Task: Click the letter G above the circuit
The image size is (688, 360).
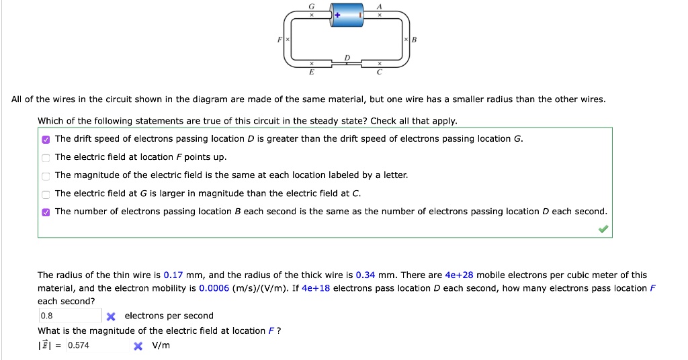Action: (x=311, y=5)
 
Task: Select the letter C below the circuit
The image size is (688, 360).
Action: (x=380, y=71)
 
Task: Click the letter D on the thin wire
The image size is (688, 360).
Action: (x=347, y=58)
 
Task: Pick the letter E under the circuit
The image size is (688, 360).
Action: (x=311, y=71)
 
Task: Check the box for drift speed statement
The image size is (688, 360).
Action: (x=46, y=139)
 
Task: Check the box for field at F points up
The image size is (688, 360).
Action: (x=46, y=157)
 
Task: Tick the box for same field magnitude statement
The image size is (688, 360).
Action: (x=46, y=175)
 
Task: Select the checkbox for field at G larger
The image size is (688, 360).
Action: (x=46, y=193)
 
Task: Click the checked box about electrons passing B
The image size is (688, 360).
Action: (x=46, y=212)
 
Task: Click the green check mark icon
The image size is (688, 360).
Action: (x=604, y=230)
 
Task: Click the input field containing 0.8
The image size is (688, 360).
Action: (x=69, y=316)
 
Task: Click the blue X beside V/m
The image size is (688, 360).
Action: (x=138, y=346)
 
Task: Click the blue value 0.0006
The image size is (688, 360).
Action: (x=212, y=288)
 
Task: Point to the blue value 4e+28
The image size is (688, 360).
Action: (x=459, y=275)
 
